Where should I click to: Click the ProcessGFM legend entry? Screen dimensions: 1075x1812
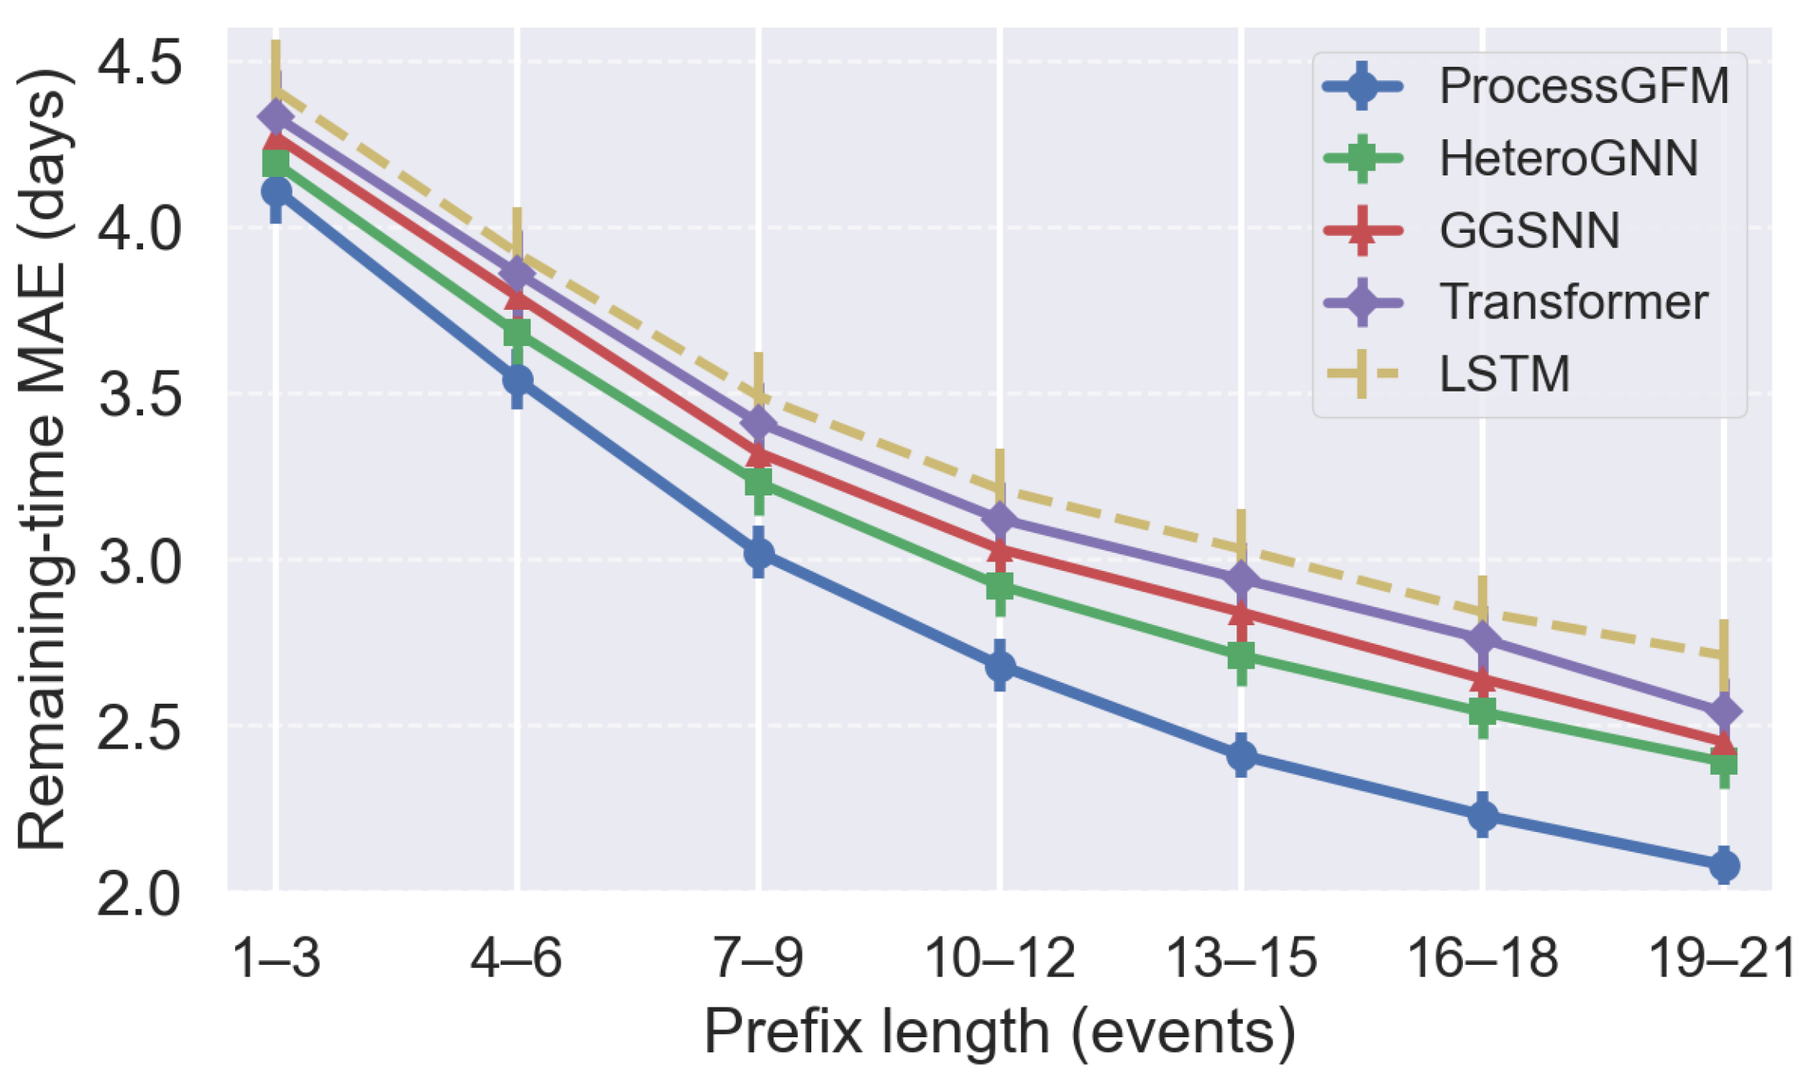[x=1583, y=86]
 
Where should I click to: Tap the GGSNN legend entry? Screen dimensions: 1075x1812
[x=1529, y=230]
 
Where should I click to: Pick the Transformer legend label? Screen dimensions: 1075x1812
[x=1573, y=302]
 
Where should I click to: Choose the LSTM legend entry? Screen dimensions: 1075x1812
[x=1504, y=374]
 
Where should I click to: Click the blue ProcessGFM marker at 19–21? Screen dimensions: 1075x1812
[x=1724, y=866]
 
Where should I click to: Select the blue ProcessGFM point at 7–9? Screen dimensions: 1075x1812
[x=759, y=553]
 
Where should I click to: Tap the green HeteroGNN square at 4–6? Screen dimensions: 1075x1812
[x=516, y=333]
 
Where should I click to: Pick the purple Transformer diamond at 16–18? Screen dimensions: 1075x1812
[x=1483, y=638]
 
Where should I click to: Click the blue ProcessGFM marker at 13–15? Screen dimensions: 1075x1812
[x=1241, y=755]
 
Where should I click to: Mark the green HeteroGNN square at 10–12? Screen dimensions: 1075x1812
[x=1000, y=586]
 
